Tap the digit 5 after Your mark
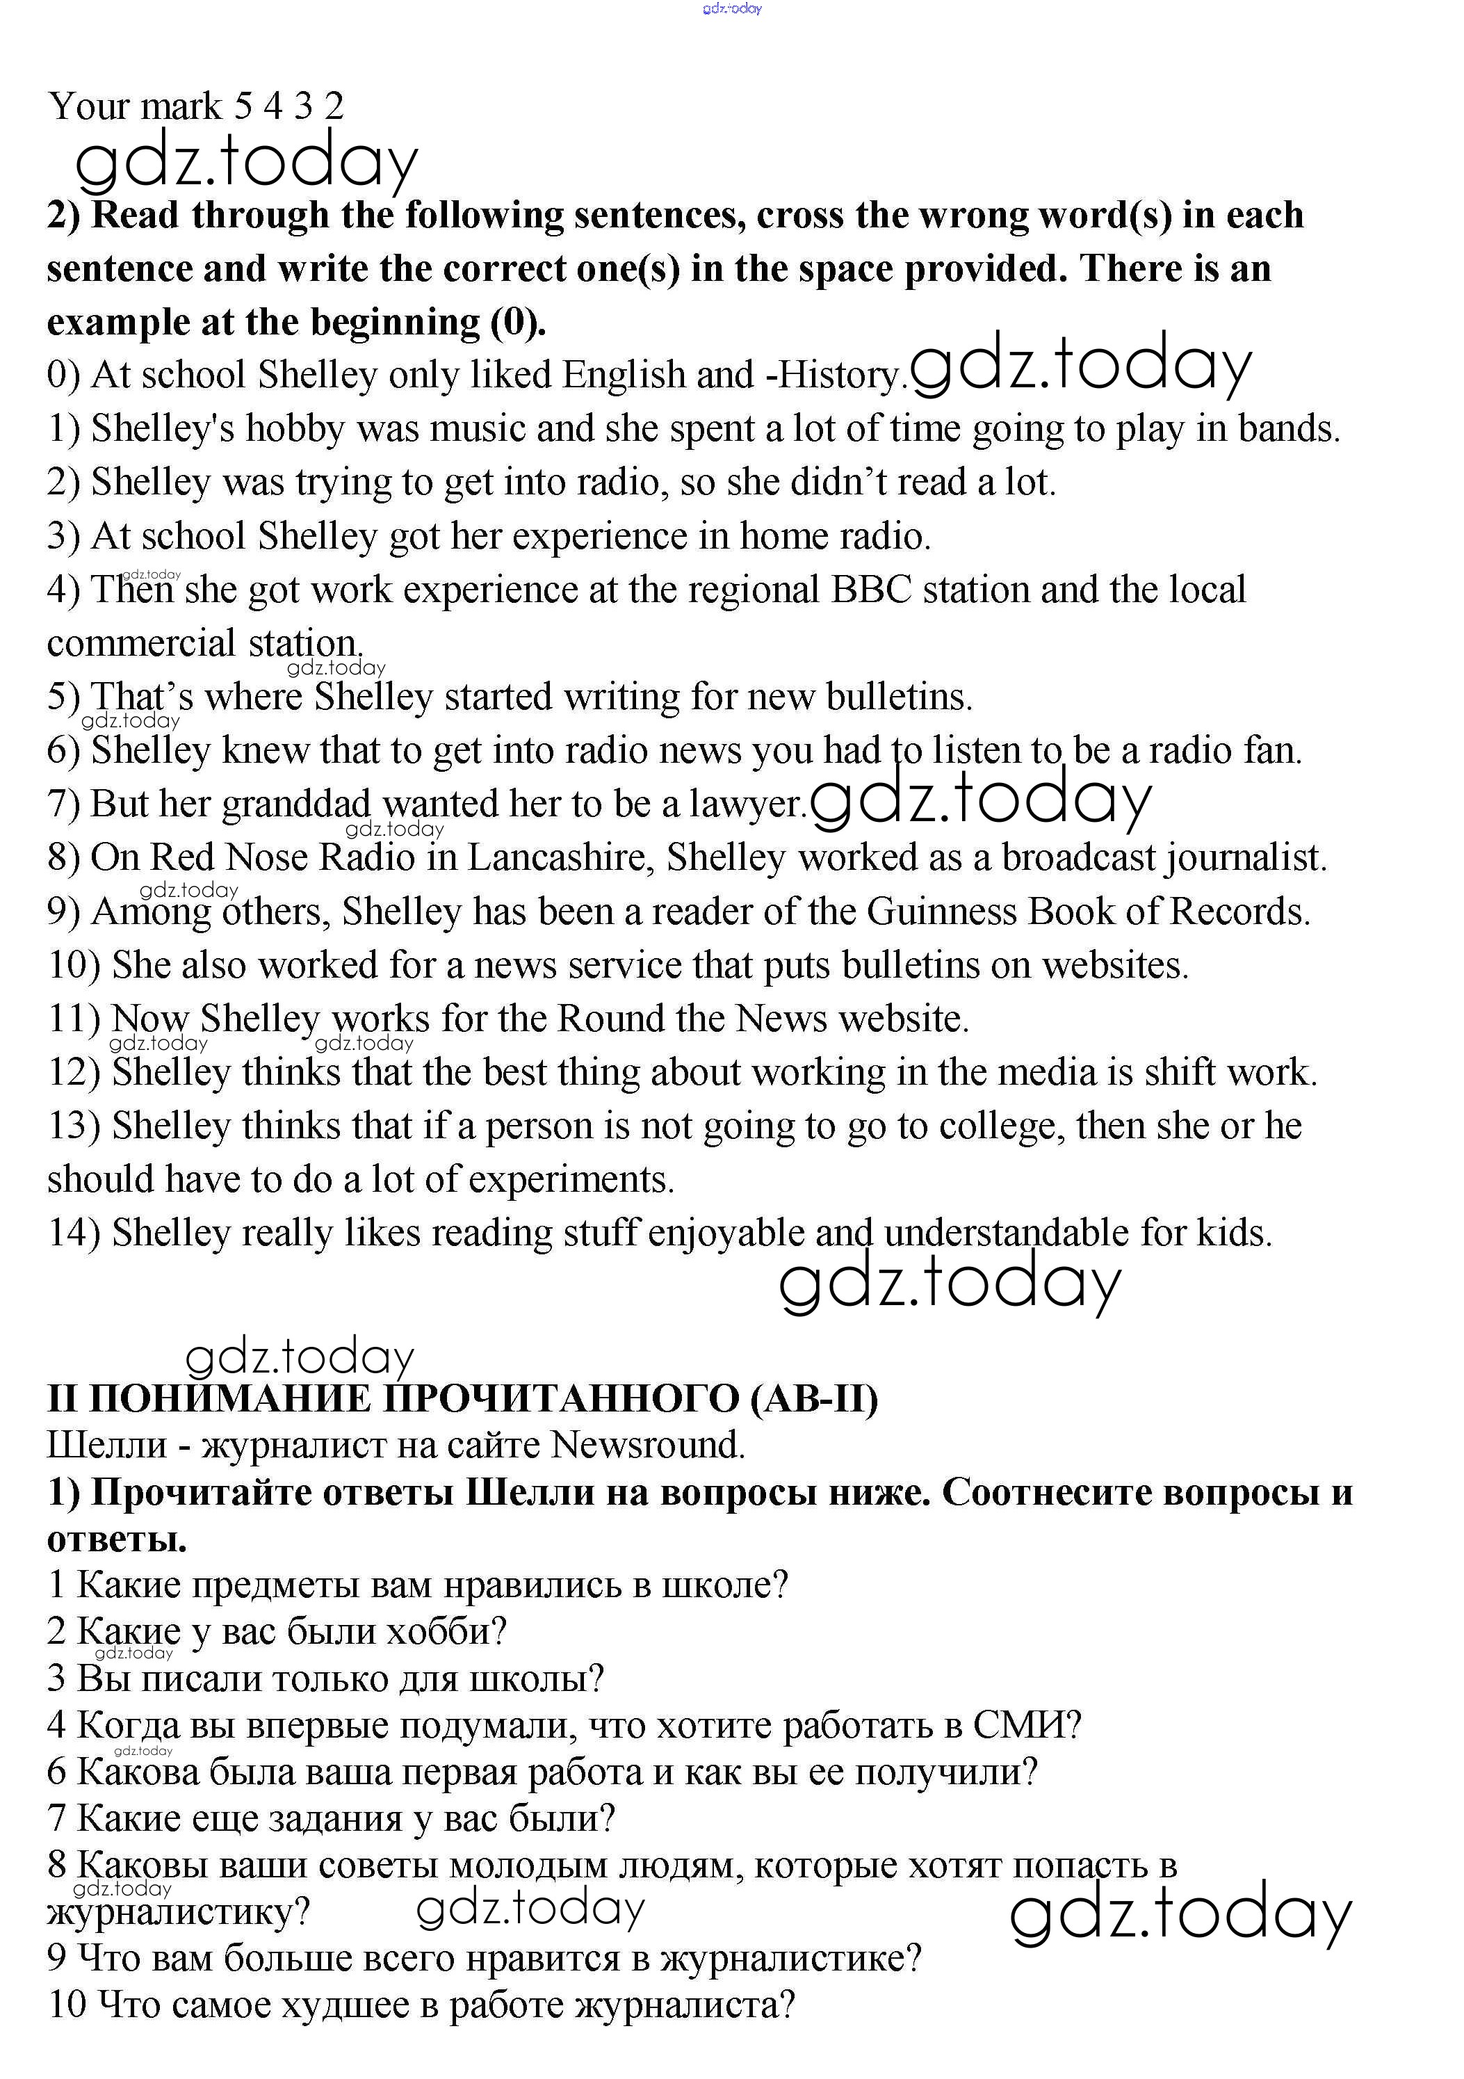[x=243, y=107]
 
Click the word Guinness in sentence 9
[x=941, y=912]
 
